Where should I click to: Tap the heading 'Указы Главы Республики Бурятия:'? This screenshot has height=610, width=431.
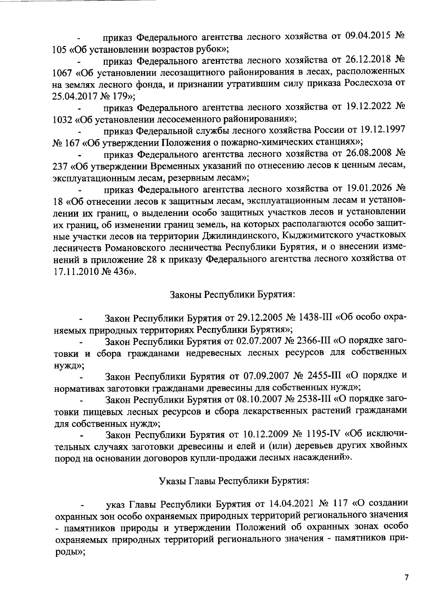(234, 481)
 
